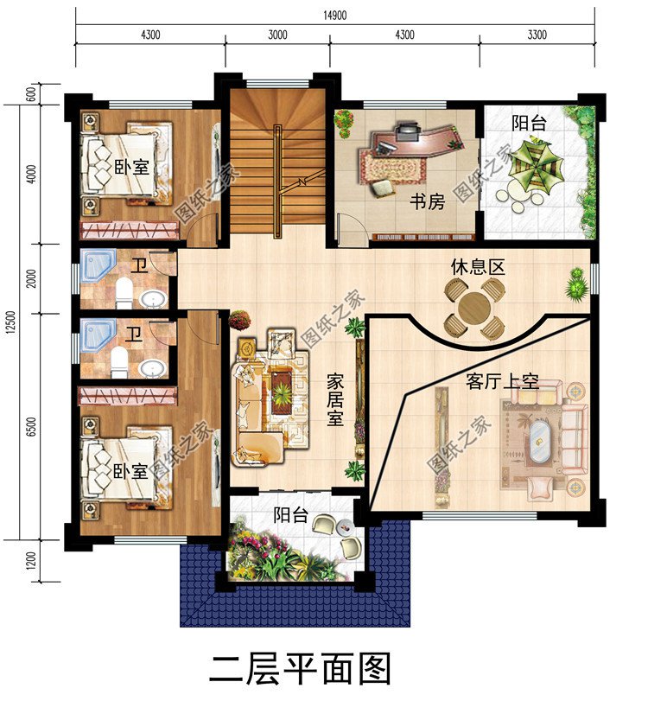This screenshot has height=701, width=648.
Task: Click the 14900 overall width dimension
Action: click(334, 16)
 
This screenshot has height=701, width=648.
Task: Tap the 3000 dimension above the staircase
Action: click(277, 35)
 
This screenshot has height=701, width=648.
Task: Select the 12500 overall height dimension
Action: click(11, 322)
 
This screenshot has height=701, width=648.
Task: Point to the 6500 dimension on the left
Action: click(31, 427)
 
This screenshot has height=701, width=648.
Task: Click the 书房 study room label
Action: click(427, 201)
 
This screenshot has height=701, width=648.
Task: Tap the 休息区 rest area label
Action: click(478, 267)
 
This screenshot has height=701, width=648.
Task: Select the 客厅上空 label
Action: click(502, 382)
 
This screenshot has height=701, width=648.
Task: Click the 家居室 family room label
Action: click(335, 400)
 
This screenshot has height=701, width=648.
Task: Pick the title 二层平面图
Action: click(300, 669)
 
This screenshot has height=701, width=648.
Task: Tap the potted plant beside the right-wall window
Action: click(576, 284)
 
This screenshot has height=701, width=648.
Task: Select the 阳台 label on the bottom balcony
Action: click(291, 514)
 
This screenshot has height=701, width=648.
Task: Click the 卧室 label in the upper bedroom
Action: click(131, 167)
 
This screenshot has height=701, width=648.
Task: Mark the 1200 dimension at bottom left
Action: click(31, 561)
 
